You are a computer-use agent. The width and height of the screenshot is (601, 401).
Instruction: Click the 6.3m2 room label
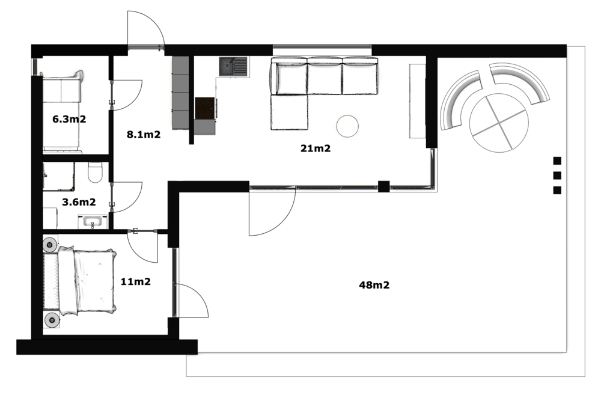69,119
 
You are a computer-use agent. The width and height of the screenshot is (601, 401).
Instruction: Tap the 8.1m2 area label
144,135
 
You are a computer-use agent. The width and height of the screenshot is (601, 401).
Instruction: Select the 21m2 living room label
316,148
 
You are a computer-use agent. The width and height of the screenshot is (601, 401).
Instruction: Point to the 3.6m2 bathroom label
79,202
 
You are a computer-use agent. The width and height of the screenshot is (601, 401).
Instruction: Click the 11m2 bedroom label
136,282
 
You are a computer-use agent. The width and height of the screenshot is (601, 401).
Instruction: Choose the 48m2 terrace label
374,285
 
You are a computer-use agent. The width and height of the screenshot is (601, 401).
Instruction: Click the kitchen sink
233,67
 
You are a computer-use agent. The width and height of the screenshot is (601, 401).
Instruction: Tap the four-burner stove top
205,108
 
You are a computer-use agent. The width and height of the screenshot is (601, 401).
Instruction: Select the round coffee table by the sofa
347,126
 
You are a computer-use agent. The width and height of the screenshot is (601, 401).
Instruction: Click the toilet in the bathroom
95,172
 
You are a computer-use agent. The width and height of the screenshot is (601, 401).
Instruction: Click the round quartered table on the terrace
499,123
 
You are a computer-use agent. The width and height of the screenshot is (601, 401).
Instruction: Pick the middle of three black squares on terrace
557,176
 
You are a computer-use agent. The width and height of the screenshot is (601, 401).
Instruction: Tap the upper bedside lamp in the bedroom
50,244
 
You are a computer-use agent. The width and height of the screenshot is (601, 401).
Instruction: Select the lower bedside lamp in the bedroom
51,320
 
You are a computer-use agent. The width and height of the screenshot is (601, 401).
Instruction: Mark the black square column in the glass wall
383,186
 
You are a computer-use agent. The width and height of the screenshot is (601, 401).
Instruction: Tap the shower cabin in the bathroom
59,176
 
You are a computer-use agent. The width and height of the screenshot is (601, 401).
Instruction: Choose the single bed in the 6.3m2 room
62,112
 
